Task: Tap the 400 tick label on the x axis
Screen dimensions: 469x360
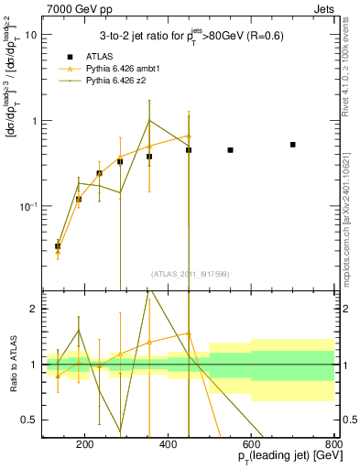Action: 168,443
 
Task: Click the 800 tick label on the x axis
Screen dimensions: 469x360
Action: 334,443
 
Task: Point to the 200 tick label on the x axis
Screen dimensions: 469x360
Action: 85,443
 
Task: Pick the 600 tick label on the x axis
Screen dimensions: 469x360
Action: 251,443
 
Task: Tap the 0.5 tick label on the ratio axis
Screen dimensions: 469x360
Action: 30,420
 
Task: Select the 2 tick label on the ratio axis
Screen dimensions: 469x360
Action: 34,310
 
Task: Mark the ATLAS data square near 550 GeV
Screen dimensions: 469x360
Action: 230,149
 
